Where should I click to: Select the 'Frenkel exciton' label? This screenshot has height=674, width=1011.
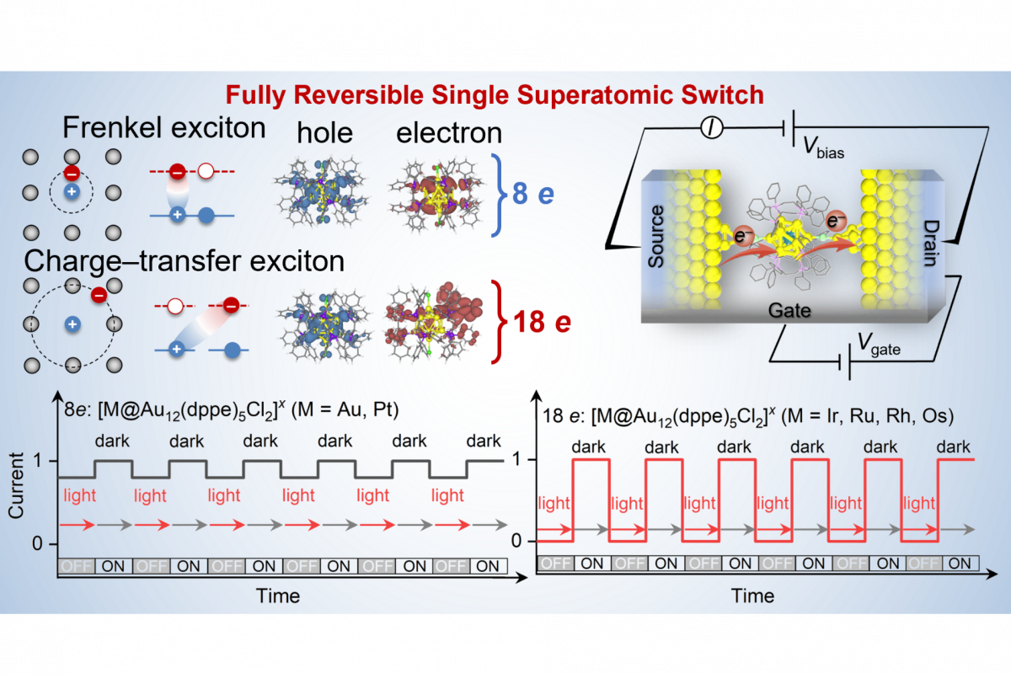click(x=164, y=128)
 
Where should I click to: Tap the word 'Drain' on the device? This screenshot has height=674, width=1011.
click(x=928, y=240)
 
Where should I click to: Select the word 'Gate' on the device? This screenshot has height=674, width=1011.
click(x=789, y=310)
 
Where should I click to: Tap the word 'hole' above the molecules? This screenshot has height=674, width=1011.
click(x=325, y=132)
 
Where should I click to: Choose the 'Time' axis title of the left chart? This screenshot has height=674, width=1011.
click(x=277, y=596)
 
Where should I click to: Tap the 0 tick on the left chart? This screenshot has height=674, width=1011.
click(x=37, y=544)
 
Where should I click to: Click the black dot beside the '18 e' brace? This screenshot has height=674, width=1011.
click(x=506, y=343)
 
